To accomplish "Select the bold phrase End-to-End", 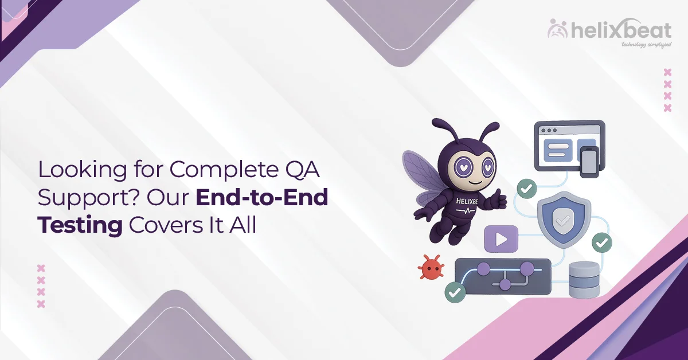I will tap(262, 198).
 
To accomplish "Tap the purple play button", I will tap(501, 239).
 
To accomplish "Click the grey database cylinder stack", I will tap(584, 280).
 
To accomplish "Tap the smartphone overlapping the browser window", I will tap(589, 162).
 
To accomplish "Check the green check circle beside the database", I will tap(601, 243).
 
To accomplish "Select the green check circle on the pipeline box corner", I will tap(455, 292).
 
